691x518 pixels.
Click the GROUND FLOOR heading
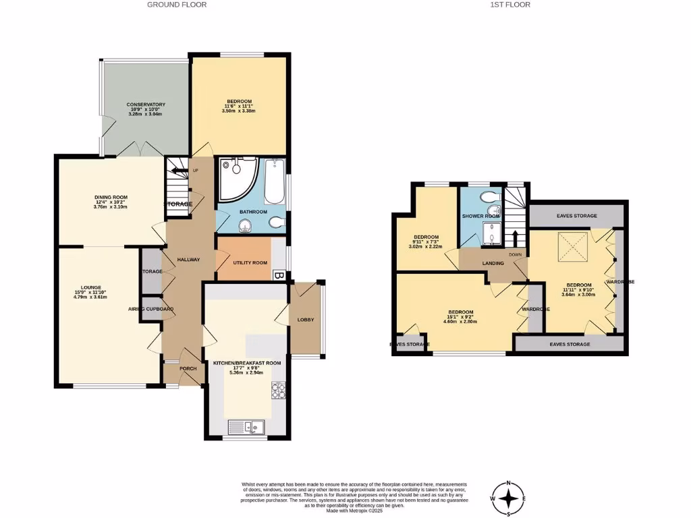pyautogui.click(x=177, y=5)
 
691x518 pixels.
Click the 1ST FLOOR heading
pyautogui.click(x=510, y=5)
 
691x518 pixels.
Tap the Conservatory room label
pyautogui.click(x=146, y=105)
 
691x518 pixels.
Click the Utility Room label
pyautogui.click(x=250, y=262)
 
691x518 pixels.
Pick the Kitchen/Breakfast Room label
pyautogui.click(x=246, y=363)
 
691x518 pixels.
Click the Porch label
pyautogui.click(x=187, y=369)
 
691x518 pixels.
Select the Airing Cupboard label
pyautogui.click(x=151, y=309)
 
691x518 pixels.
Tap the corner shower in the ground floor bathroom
pyautogui.click(x=233, y=177)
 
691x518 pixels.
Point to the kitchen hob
pyautogui.click(x=279, y=391)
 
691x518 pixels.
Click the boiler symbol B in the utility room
pyautogui.click(x=278, y=275)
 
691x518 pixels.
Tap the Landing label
pyautogui.click(x=493, y=263)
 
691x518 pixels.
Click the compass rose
pyautogui.click(x=510, y=498)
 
